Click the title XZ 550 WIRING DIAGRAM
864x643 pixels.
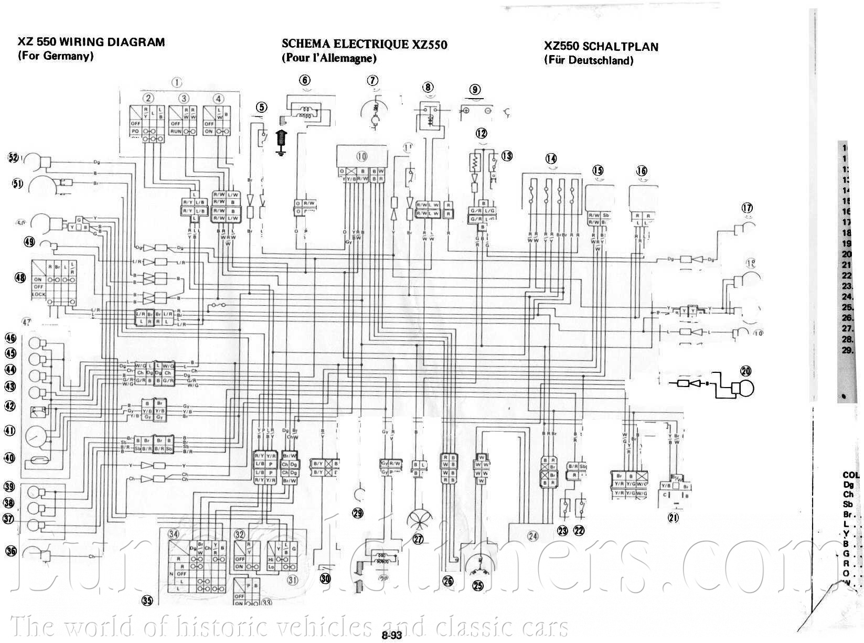[91, 42]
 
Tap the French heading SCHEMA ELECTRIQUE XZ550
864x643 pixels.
[364, 44]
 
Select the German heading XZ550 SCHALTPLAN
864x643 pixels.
[601, 47]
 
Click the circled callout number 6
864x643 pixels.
[305, 80]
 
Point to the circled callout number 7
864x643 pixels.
[372, 81]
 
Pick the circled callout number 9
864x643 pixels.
[475, 90]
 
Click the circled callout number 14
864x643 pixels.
[551, 158]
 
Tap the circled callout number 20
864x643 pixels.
[745, 371]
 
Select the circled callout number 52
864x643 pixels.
[13, 157]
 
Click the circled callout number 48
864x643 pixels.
[20, 277]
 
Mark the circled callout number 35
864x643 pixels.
[147, 601]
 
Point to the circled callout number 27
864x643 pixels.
[418, 539]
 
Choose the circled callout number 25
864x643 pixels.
[478, 586]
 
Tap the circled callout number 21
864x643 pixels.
[673, 518]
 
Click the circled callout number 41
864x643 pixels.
[9, 431]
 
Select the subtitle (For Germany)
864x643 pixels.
[56, 56]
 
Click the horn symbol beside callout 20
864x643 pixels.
[742, 389]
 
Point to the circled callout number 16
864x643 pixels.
[642, 170]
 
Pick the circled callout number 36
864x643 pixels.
[11, 551]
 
